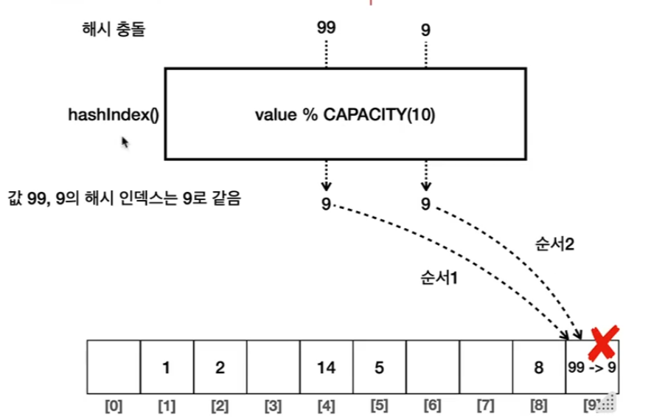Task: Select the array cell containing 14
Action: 326,368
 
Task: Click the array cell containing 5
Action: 379,368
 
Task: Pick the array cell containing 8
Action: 538,368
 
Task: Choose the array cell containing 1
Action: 167,368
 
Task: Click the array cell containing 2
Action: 220,368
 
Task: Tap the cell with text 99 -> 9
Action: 591,368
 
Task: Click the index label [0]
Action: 114,405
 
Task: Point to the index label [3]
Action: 273,405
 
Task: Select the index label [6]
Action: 432,405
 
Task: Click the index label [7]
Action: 485,405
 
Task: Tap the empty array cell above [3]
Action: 273,368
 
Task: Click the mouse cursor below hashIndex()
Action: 126,142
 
